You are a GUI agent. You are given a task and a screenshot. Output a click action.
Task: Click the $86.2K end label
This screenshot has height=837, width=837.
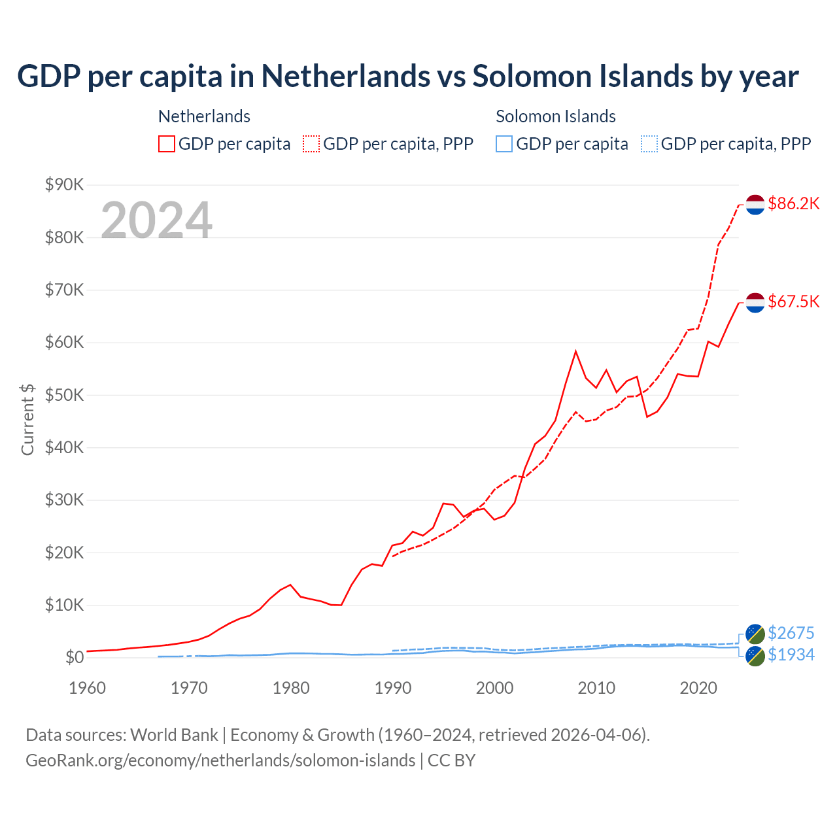(793, 203)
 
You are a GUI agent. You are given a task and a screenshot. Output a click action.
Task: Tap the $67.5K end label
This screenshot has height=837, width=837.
(793, 301)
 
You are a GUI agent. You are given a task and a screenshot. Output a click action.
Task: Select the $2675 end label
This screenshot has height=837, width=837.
(791, 633)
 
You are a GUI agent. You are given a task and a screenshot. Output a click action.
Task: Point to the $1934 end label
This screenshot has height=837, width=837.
(791, 655)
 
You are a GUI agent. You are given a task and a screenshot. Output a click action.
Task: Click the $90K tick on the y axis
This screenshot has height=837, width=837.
(65, 184)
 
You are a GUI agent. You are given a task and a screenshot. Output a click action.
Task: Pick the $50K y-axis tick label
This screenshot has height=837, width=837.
(65, 395)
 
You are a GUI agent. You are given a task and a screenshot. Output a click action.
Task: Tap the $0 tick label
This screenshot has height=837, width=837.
(75, 657)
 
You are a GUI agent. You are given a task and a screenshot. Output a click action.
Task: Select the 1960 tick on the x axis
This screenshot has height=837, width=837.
(88, 688)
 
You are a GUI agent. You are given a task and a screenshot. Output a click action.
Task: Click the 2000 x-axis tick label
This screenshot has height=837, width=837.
(495, 688)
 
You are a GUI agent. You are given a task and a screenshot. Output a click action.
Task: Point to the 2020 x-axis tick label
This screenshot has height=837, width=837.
(698, 688)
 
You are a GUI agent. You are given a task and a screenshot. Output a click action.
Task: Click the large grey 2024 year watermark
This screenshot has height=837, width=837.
(156, 220)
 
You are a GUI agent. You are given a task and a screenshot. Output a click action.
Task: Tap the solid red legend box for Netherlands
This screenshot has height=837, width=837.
(167, 144)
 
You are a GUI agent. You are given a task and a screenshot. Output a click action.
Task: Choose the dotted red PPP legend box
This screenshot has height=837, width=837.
(311, 144)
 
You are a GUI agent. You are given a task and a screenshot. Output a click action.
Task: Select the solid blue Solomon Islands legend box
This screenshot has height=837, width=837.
(504, 144)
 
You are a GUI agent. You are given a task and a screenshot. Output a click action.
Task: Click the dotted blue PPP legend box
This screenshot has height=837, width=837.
(649, 144)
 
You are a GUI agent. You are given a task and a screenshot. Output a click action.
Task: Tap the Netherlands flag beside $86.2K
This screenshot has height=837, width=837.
(755, 204)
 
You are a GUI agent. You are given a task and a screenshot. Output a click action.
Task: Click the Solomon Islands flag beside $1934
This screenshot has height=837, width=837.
(755, 656)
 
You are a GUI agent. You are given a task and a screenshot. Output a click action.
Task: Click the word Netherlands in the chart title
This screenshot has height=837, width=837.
(346, 76)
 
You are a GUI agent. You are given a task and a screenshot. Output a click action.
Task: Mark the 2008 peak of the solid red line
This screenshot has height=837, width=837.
(575, 351)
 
